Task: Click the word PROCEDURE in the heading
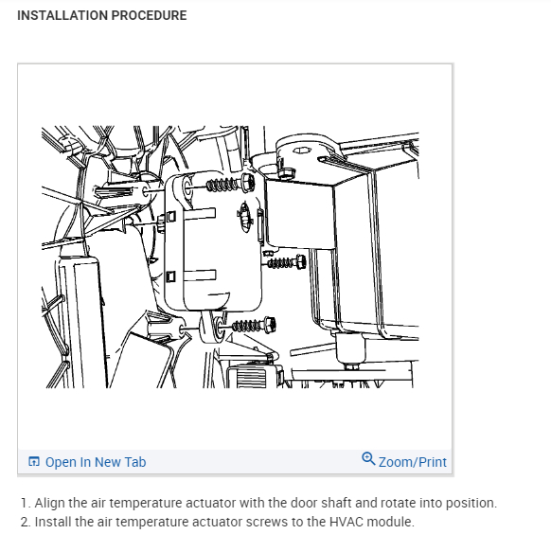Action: (149, 15)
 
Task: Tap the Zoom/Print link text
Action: (413, 462)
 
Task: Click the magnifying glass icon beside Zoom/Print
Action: (368, 459)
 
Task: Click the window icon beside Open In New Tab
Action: (34, 461)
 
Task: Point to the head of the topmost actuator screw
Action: (248, 183)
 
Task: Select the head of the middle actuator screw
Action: (301, 261)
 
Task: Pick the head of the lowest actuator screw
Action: (270, 325)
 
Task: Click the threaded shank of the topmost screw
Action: (223, 185)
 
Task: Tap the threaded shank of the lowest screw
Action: (247, 326)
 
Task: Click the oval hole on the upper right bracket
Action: (302, 151)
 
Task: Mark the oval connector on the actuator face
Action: (244, 217)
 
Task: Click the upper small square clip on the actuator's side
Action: (170, 216)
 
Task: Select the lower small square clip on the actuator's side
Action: (170, 276)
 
